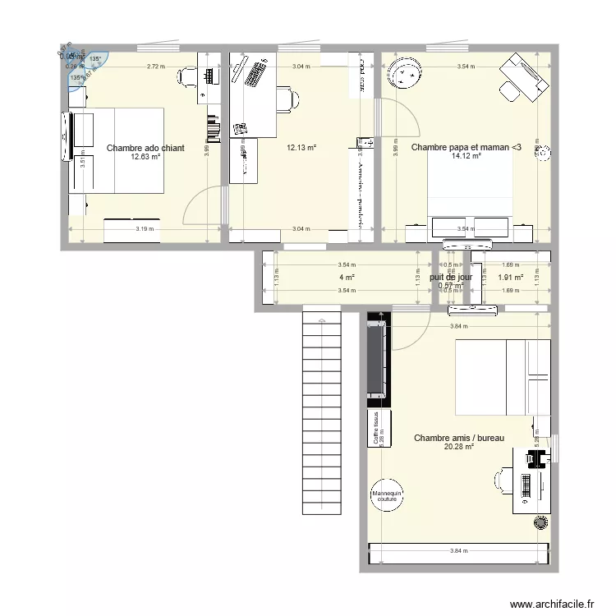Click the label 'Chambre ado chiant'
click(145, 149)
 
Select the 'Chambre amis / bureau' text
click(458, 439)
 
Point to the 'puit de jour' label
click(449, 278)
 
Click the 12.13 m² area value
click(301, 149)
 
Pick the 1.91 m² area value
click(510, 278)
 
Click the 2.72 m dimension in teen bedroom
click(155, 66)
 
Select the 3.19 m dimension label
click(145, 229)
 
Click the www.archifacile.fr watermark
click(552, 604)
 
